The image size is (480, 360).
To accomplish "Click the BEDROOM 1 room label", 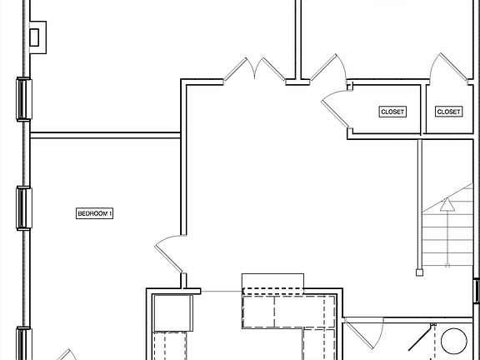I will pos(94,213).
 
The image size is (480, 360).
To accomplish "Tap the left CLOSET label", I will pos(392,112).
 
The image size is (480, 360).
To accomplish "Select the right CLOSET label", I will pos(448,112).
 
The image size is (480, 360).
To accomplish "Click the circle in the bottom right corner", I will pos(454,342).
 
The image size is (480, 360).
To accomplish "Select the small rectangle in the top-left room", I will pos(35,37).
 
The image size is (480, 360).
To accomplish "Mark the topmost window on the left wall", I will pos(22,99).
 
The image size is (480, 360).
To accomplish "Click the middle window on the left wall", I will pos(22,206).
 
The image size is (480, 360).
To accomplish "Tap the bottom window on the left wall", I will pos(22,343).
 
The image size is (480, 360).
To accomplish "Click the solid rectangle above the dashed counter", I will pos(270,281).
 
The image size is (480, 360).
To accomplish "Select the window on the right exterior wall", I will pos(477,292).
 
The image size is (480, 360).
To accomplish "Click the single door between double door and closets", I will pos(327,68).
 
